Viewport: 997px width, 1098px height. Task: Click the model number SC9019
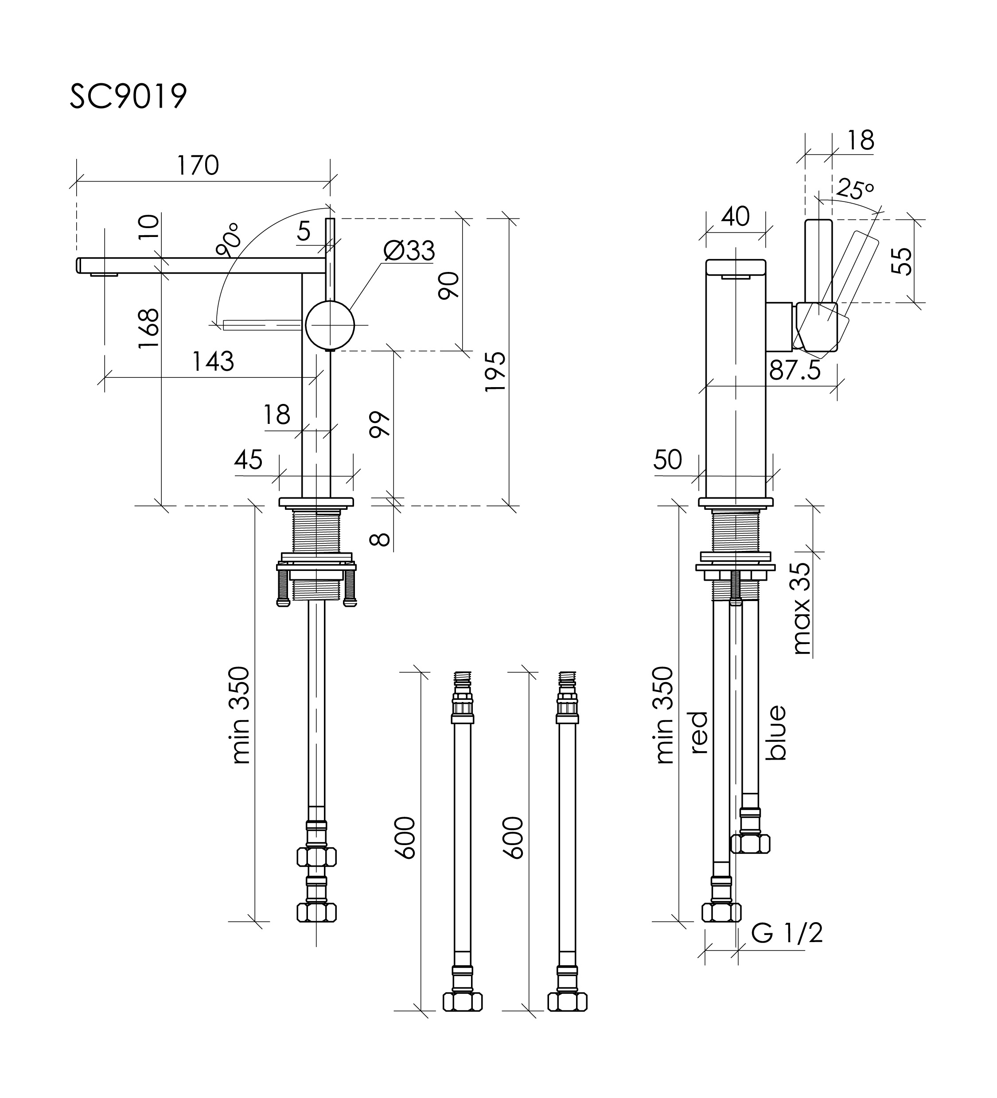[x=128, y=97]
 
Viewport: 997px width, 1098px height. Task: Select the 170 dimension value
[x=197, y=165]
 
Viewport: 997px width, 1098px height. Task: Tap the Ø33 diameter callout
[x=409, y=251]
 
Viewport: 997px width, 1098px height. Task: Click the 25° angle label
[x=854, y=189]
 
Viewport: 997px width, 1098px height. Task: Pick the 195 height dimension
[x=495, y=372]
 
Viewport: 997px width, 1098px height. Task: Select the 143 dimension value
[x=213, y=361]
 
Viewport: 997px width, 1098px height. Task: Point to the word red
[x=700, y=733]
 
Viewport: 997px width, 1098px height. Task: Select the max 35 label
[x=802, y=609]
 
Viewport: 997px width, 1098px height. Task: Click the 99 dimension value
[x=380, y=425]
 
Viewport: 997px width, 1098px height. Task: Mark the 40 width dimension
[x=735, y=217]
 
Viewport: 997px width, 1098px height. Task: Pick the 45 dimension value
[x=249, y=460]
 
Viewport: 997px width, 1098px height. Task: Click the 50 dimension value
[x=667, y=460]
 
